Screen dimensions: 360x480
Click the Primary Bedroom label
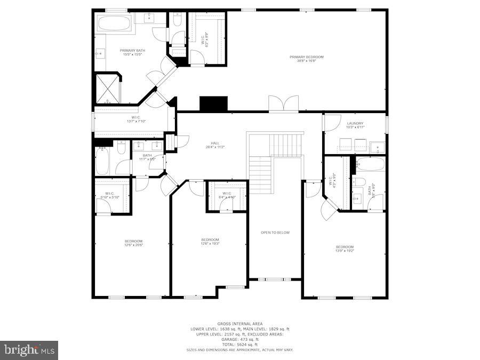point(306,59)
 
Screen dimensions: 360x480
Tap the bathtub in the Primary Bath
point(114,23)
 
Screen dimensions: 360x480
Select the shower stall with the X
point(107,88)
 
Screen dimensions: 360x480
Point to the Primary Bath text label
point(132,52)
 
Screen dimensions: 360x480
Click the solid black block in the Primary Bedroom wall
point(213,103)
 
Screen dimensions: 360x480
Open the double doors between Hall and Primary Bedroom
point(284,103)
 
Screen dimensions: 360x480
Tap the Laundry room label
point(355,125)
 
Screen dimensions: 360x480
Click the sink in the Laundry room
point(378,147)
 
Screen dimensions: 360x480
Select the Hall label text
point(215,145)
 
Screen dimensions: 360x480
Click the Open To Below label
point(275,233)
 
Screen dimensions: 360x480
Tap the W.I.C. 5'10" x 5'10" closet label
point(110,195)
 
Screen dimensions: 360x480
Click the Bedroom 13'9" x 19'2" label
point(345,249)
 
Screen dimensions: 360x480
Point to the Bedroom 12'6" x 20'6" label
point(133,243)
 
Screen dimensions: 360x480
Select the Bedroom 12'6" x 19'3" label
point(210,241)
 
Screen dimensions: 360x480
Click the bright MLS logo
point(29,350)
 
